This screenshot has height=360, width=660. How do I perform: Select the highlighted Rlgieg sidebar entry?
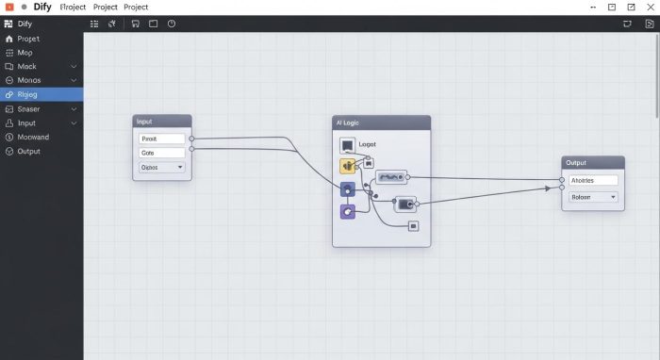[x=28, y=94]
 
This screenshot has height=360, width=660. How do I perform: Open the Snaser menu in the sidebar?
[x=28, y=108]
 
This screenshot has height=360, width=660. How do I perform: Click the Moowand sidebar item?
[x=33, y=137]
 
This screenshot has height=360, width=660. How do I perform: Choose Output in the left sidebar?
[x=28, y=151]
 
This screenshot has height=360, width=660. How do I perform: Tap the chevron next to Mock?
[x=74, y=67]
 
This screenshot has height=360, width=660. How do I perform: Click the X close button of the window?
[x=649, y=8]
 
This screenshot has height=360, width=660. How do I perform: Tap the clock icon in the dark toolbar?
[x=172, y=24]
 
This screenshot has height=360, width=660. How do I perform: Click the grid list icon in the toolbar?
[x=95, y=24]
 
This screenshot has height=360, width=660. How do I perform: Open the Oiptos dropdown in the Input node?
[x=162, y=167]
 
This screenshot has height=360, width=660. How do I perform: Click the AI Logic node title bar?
[x=381, y=123]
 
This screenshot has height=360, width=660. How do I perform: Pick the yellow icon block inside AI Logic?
[x=347, y=166]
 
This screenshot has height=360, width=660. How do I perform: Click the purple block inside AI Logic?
[x=347, y=212]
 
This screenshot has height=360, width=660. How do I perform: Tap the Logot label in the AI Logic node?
[x=367, y=144]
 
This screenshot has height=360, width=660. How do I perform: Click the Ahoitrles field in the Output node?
[x=593, y=180]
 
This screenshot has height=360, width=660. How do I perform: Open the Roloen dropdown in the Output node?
[x=593, y=197]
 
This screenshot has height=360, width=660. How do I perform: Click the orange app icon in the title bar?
[x=8, y=8]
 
